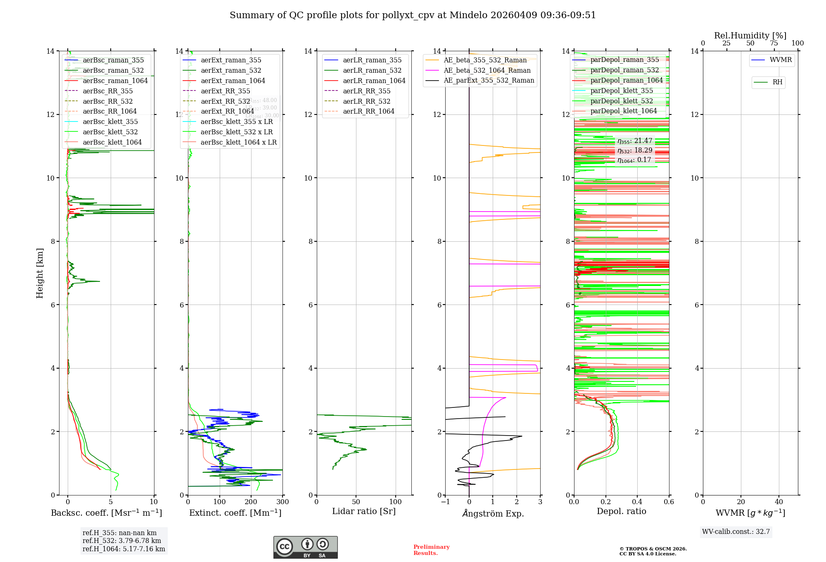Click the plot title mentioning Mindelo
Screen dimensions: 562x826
point(413,15)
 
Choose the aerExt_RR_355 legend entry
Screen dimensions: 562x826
point(225,91)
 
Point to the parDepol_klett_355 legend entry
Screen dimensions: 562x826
point(622,91)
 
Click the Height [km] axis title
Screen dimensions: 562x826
point(40,273)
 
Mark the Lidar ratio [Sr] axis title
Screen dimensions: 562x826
point(364,512)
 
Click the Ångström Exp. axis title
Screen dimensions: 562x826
point(493,514)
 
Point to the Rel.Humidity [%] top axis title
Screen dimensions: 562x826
point(750,36)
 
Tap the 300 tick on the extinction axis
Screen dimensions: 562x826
point(283,502)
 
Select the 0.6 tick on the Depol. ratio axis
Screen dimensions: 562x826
point(669,502)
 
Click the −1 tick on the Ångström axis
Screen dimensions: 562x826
point(445,502)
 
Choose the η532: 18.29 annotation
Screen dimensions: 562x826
point(635,150)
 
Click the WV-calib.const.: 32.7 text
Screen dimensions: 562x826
point(736,532)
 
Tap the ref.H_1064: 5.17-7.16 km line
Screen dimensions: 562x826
point(123,549)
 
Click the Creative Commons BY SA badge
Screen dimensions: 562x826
point(305,548)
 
